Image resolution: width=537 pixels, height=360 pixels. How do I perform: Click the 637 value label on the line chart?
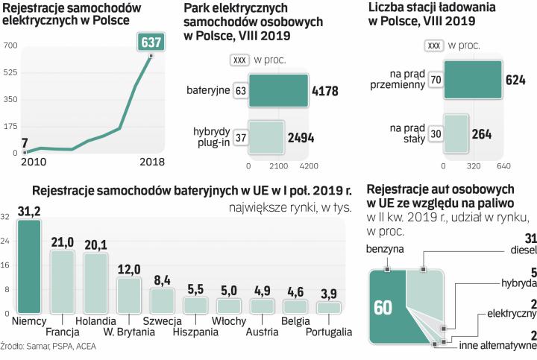pos(151,42)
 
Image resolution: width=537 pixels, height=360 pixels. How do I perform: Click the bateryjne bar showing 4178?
pos(279,92)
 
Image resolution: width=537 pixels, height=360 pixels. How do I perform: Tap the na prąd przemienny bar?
pos(472,78)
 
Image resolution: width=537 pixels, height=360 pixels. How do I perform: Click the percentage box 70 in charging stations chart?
pos(436,78)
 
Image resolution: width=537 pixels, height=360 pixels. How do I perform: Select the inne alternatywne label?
pos(499,345)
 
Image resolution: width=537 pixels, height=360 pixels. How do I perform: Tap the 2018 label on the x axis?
pos(152,162)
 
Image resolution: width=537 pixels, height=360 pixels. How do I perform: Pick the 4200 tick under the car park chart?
pos(308,165)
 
